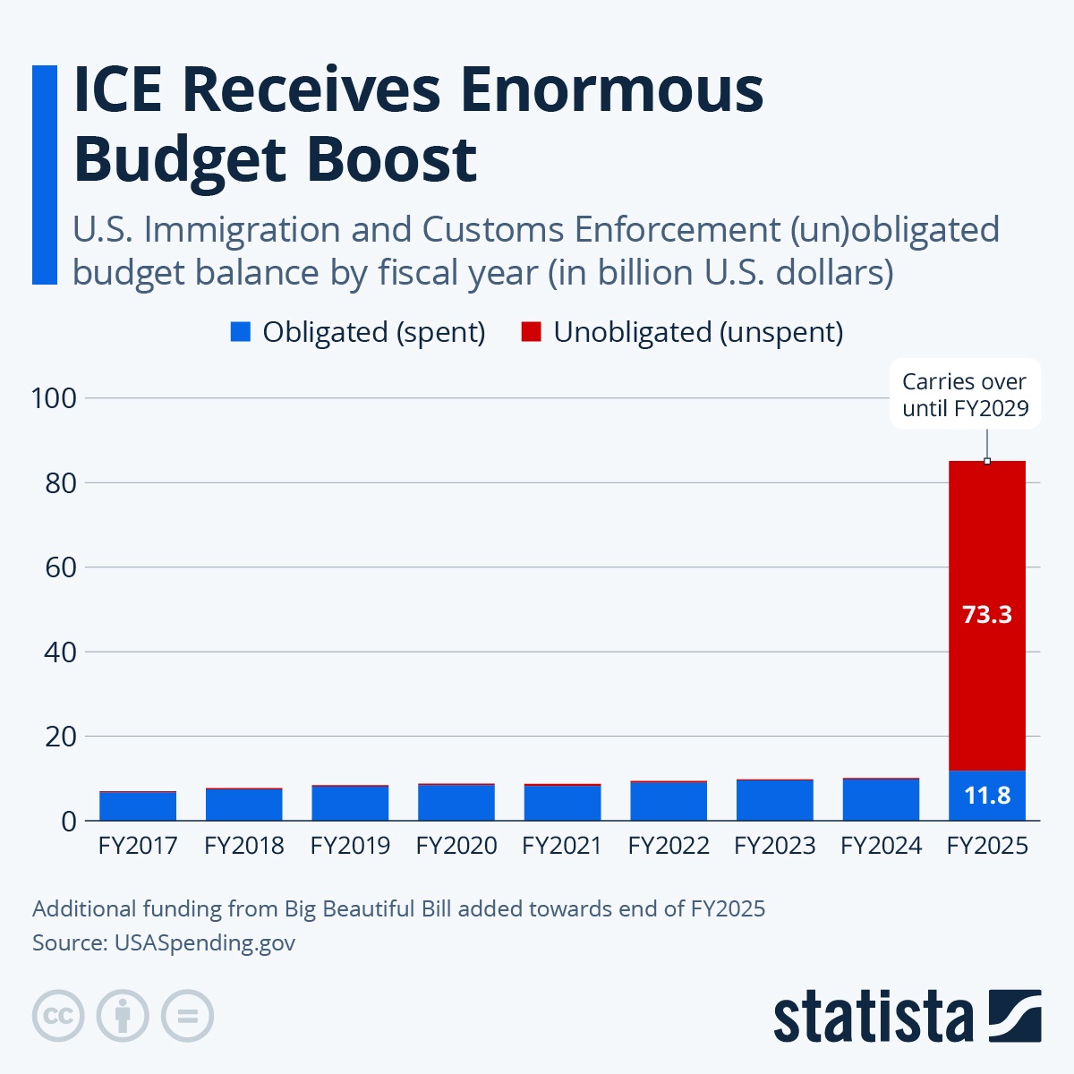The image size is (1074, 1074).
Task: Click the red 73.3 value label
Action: (986, 615)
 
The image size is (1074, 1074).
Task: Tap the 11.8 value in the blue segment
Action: (986, 796)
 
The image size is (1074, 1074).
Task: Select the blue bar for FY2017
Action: (137, 806)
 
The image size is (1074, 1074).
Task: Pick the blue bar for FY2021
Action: (562, 803)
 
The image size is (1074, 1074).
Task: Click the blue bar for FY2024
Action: (881, 800)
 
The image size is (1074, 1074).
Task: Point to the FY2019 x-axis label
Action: (350, 846)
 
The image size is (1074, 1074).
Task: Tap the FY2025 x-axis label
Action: (987, 846)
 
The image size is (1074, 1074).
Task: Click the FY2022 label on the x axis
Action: (669, 846)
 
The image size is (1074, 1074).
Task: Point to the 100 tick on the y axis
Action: (54, 398)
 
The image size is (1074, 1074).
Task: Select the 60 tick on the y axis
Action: (61, 567)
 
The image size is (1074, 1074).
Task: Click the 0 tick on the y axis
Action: (68, 822)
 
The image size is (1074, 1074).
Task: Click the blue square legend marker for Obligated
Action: (240, 332)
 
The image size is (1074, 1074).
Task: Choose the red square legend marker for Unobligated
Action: (531, 332)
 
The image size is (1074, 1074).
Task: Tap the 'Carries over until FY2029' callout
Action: (965, 395)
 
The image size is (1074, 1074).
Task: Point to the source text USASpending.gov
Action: (204, 942)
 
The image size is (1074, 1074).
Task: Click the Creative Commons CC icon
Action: (58, 1016)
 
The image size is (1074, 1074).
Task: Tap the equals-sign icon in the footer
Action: (187, 1016)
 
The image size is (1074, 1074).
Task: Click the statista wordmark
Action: (873, 1017)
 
